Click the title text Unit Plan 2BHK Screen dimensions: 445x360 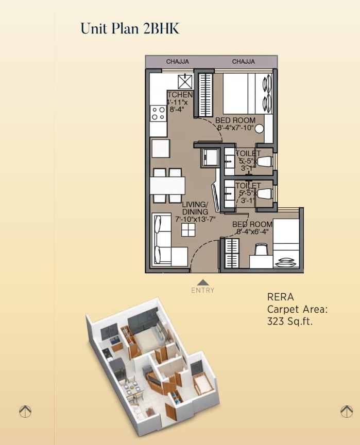tap(130, 28)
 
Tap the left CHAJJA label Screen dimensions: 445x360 tap(177, 62)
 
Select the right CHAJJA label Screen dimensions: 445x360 tap(243, 62)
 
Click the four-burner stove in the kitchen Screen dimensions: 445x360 tap(158, 113)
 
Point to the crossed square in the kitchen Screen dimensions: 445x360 tap(185, 81)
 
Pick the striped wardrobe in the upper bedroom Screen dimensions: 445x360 tap(205, 95)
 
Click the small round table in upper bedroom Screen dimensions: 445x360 tap(260, 129)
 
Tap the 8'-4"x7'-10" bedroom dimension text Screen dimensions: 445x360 tap(235, 128)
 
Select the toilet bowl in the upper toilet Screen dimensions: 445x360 tap(264, 161)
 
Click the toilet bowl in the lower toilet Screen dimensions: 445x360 tap(264, 194)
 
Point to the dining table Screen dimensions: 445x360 tap(167, 185)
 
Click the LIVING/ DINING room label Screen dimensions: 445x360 tap(195, 208)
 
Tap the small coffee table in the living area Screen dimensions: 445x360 tap(188, 230)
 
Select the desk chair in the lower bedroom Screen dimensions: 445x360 tap(261, 250)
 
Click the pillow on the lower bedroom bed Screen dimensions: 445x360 tap(286, 263)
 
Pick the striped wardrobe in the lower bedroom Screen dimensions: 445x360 tap(232, 253)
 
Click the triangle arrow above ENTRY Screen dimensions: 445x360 tap(203, 282)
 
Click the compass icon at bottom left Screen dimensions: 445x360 tap(25, 411)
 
